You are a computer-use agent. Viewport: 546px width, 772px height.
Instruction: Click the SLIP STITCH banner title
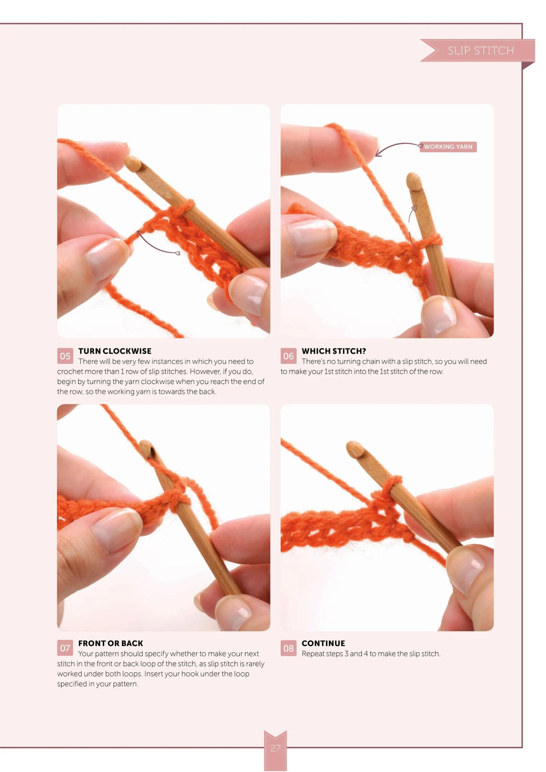tap(480, 50)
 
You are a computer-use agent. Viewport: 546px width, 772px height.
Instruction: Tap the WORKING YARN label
tap(448, 147)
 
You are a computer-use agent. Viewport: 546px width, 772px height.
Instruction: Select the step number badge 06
tap(288, 356)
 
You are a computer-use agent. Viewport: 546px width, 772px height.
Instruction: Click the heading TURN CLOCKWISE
tap(115, 351)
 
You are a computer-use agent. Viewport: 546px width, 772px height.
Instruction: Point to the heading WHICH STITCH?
tap(334, 351)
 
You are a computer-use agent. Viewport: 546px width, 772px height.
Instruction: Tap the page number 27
tap(275, 748)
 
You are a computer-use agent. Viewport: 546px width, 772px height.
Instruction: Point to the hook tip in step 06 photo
tap(414, 181)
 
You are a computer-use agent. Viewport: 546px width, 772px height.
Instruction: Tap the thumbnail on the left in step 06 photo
tap(311, 238)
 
